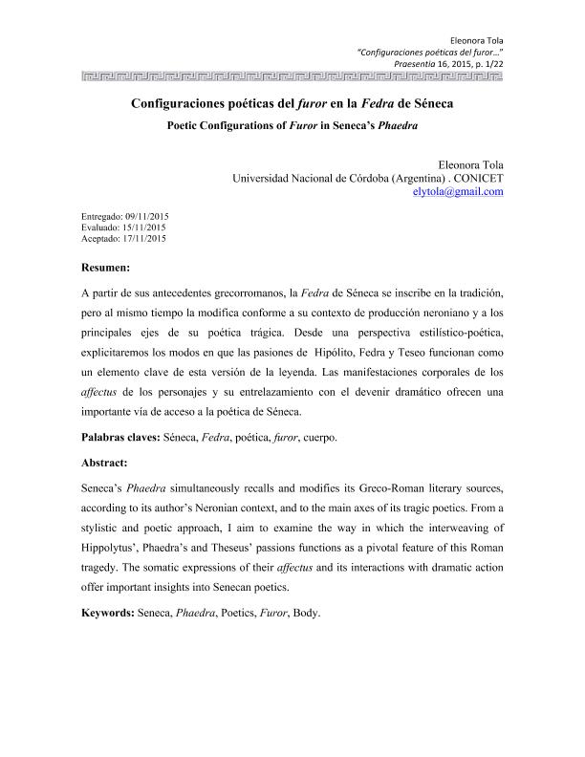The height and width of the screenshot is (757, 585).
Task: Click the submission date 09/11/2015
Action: [146, 216]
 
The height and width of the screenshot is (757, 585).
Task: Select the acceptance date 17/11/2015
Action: [145, 239]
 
